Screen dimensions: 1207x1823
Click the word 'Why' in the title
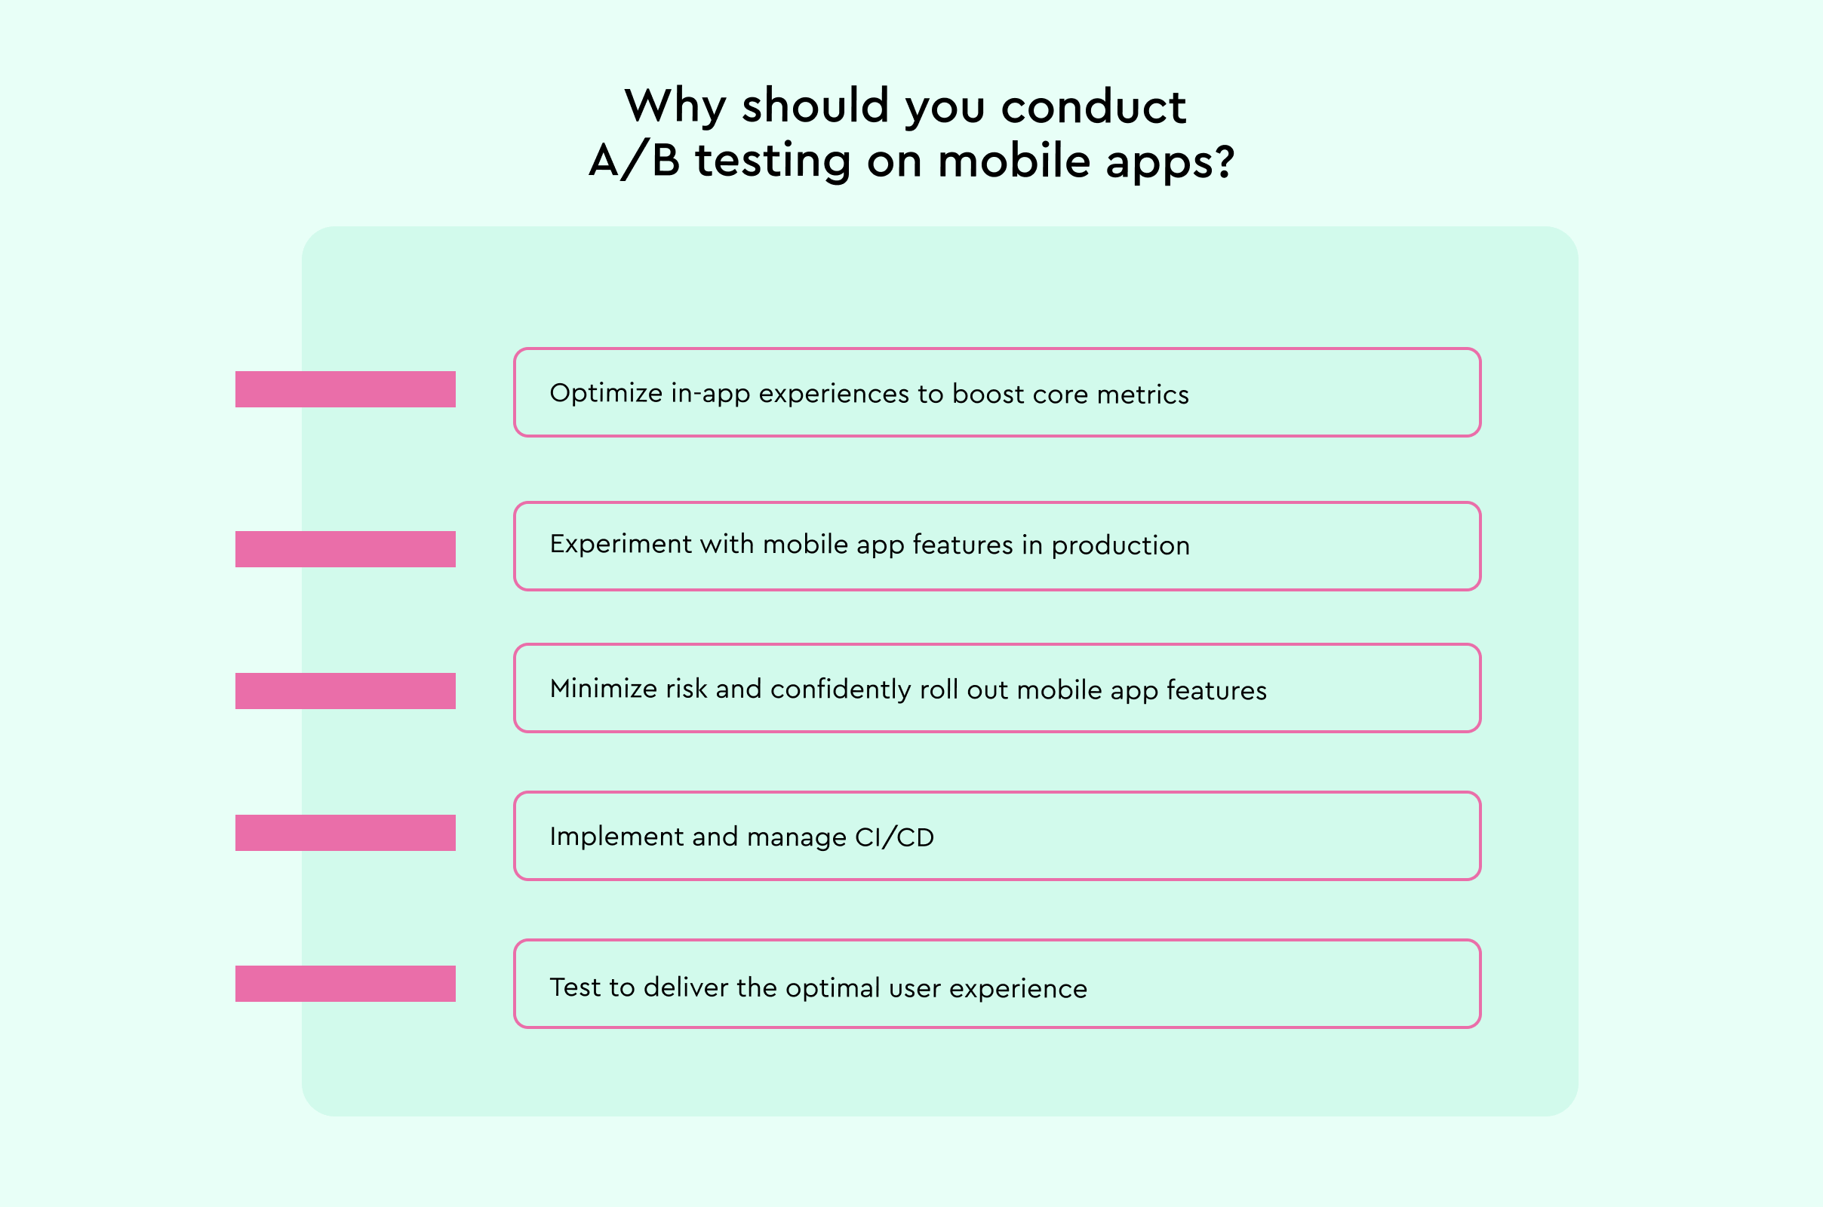[x=675, y=106]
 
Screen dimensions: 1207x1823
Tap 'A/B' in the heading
[x=635, y=161]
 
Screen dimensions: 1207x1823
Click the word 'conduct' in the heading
[x=1093, y=106]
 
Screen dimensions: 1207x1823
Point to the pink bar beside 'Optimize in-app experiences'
[x=345, y=389]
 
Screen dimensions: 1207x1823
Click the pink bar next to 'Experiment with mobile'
[x=345, y=549]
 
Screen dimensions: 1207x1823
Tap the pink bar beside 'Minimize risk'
[x=345, y=691]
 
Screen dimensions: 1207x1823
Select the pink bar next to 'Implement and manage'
[x=345, y=833]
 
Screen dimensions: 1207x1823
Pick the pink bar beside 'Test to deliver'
[x=345, y=984]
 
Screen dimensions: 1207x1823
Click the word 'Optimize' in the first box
[x=606, y=393]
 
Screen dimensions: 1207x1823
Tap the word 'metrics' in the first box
[x=1142, y=394]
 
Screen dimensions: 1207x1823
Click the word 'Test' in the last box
[x=574, y=987]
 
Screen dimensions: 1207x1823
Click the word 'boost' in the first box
[x=988, y=394]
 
